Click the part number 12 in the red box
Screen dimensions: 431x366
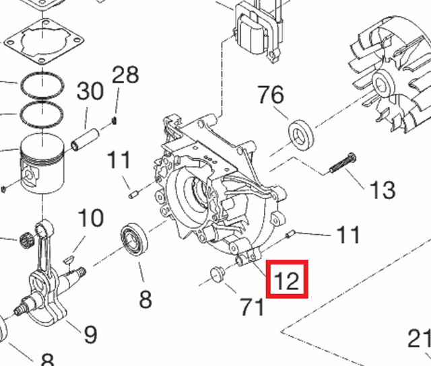[x=286, y=280]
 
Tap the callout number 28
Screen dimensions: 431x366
[x=125, y=74]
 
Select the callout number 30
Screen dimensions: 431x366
[x=90, y=91]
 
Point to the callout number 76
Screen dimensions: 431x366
[x=271, y=94]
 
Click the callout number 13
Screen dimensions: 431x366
[x=383, y=190]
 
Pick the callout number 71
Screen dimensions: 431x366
[x=252, y=307]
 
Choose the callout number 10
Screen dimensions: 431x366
[x=91, y=218]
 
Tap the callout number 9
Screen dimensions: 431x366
[x=90, y=334]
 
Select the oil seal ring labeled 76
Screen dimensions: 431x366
[x=301, y=135]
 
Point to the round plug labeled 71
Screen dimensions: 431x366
[x=218, y=274]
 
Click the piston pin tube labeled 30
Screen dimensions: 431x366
[x=86, y=140]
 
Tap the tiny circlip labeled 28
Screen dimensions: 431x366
[x=114, y=120]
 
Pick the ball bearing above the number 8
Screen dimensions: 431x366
[x=134, y=240]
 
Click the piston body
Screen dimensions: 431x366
[x=42, y=164]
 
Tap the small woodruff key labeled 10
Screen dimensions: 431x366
[x=69, y=258]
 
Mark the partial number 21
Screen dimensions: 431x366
[x=419, y=338]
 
